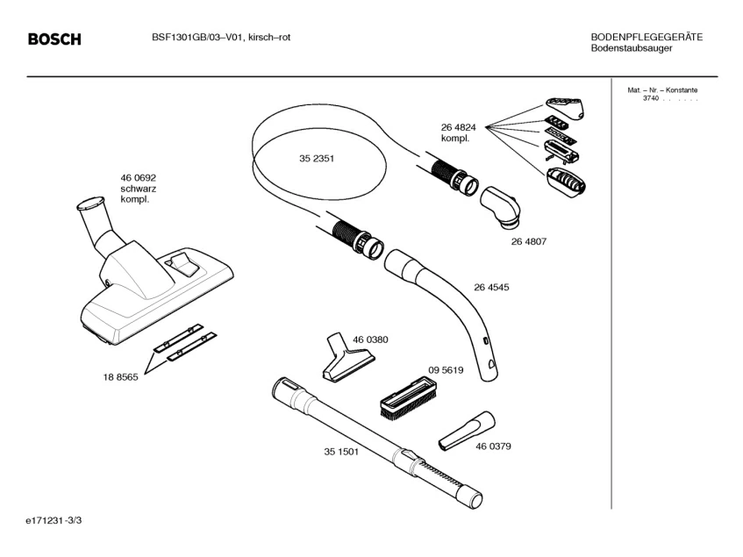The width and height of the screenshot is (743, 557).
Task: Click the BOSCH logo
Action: click(x=54, y=39)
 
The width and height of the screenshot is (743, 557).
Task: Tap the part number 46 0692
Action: click(x=139, y=178)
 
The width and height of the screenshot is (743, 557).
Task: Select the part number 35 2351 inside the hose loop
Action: click(x=317, y=159)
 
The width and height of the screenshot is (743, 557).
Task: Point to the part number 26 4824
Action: click(x=459, y=128)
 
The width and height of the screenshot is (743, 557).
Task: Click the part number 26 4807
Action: click(x=529, y=240)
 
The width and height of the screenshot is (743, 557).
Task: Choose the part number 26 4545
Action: click(x=491, y=287)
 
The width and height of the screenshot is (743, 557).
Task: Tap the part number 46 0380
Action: click(x=370, y=339)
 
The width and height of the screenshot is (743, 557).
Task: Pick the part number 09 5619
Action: click(x=446, y=370)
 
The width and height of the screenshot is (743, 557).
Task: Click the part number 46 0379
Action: click(x=493, y=446)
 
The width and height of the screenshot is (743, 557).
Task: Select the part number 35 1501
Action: click(x=341, y=452)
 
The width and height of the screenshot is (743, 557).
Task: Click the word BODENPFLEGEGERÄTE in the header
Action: click(x=647, y=37)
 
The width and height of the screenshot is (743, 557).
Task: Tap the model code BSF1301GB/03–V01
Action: click(x=189, y=38)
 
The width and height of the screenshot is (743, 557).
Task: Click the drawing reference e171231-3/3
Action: click(x=55, y=521)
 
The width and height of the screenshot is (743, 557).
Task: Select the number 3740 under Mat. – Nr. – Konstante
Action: click(x=649, y=98)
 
